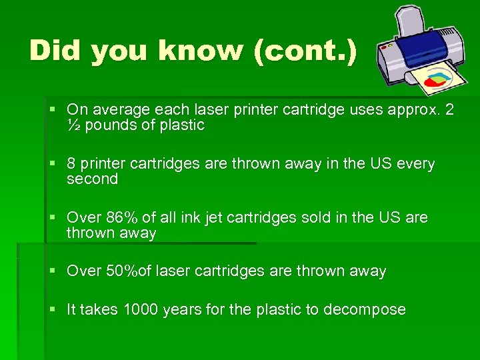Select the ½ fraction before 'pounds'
coord(73,125)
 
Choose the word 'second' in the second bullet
coord(92,179)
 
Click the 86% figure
coord(121,217)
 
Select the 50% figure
coord(121,271)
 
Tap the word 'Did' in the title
coord(57,51)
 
